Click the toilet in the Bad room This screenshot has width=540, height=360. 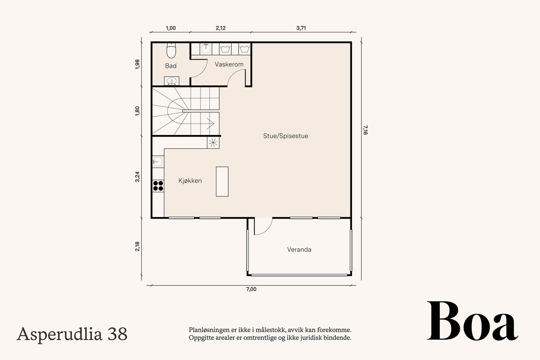pos(171,51)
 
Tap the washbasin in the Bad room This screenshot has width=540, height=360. pos(172,81)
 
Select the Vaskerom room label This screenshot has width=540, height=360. pos(229,64)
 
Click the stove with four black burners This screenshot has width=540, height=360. pos(158,186)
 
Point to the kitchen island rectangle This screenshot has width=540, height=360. pos(222,182)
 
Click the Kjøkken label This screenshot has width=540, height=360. pos(190,181)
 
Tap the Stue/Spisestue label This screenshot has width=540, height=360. pos(286,136)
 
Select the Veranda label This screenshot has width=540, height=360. pos(299,249)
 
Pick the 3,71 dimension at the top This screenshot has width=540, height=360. pos(301,28)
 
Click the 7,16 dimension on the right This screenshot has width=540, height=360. pos(365,130)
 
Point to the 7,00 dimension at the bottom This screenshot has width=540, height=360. pos(251,289)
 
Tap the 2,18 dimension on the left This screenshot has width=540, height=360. pos(137,247)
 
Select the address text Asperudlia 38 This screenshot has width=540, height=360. pos(72,334)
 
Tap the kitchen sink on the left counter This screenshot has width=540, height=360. pos(158,162)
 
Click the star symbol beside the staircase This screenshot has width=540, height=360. pos(213,143)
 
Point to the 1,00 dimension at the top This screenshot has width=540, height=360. pos(171,28)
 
